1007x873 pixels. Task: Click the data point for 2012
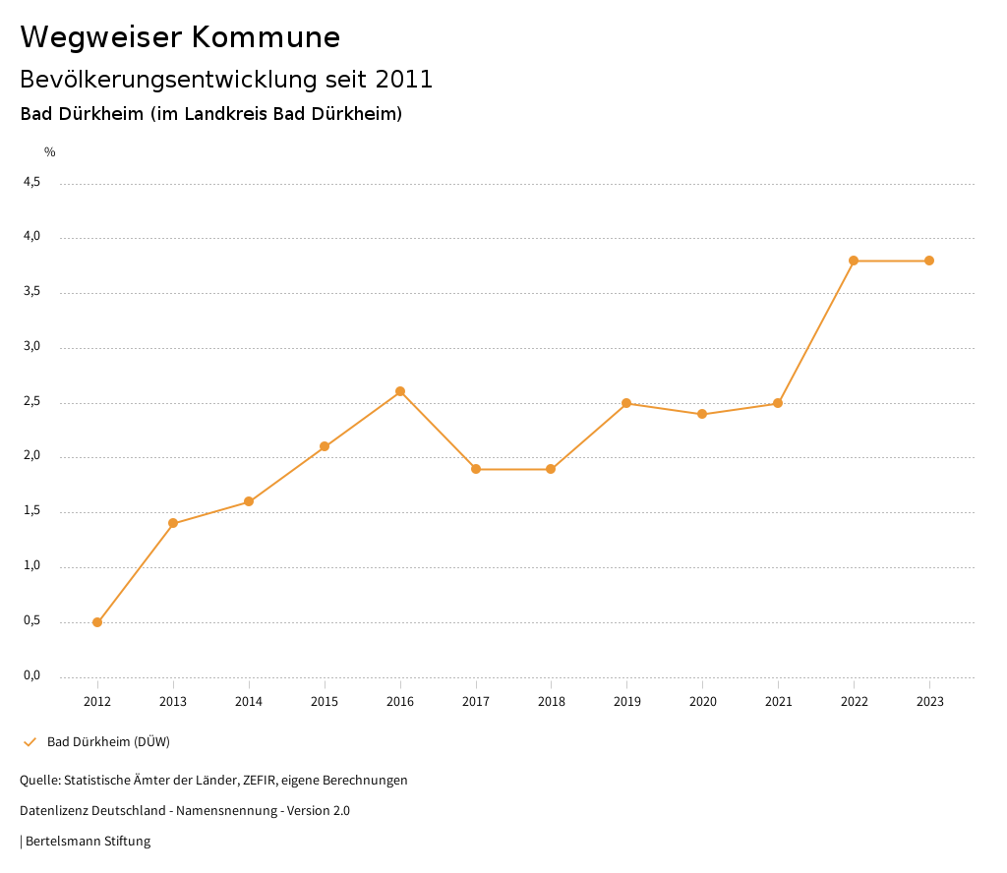tap(97, 622)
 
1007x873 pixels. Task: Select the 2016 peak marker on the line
tap(400, 391)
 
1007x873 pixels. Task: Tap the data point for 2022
tap(854, 261)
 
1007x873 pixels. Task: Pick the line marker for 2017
tap(476, 469)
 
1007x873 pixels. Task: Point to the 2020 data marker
tap(702, 414)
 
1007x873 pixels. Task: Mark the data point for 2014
tap(249, 501)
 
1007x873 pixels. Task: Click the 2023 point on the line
tap(929, 261)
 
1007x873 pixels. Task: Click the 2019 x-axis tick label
tap(626, 702)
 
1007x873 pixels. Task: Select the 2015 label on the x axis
tap(325, 702)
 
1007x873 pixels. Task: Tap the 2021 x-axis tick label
tap(778, 702)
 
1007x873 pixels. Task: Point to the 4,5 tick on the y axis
tap(31, 182)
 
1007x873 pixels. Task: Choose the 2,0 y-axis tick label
tap(31, 455)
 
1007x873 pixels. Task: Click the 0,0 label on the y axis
tap(31, 675)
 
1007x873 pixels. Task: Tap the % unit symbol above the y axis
tap(50, 152)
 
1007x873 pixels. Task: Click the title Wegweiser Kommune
tap(180, 36)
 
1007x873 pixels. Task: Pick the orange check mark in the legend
tap(30, 741)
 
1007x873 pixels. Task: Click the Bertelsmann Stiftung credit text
tap(88, 842)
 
